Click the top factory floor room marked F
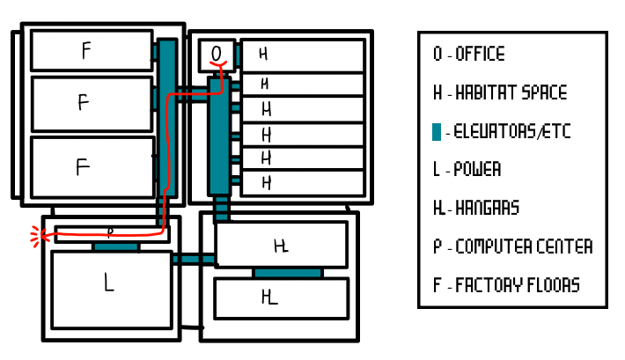click(92, 51)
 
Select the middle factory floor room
click(92, 104)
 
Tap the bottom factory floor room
click(92, 167)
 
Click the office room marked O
click(217, 55)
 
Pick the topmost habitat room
click(303, 55)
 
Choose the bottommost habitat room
click(303, 183)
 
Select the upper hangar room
click(282, 245)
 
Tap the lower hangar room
click(282, 298)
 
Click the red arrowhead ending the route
click(36, 235)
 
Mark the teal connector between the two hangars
click(288, 273)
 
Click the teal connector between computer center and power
click(115, 247)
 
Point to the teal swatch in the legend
click(437, 132)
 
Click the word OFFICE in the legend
click(480, 55)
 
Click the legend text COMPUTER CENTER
click(523, 247)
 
